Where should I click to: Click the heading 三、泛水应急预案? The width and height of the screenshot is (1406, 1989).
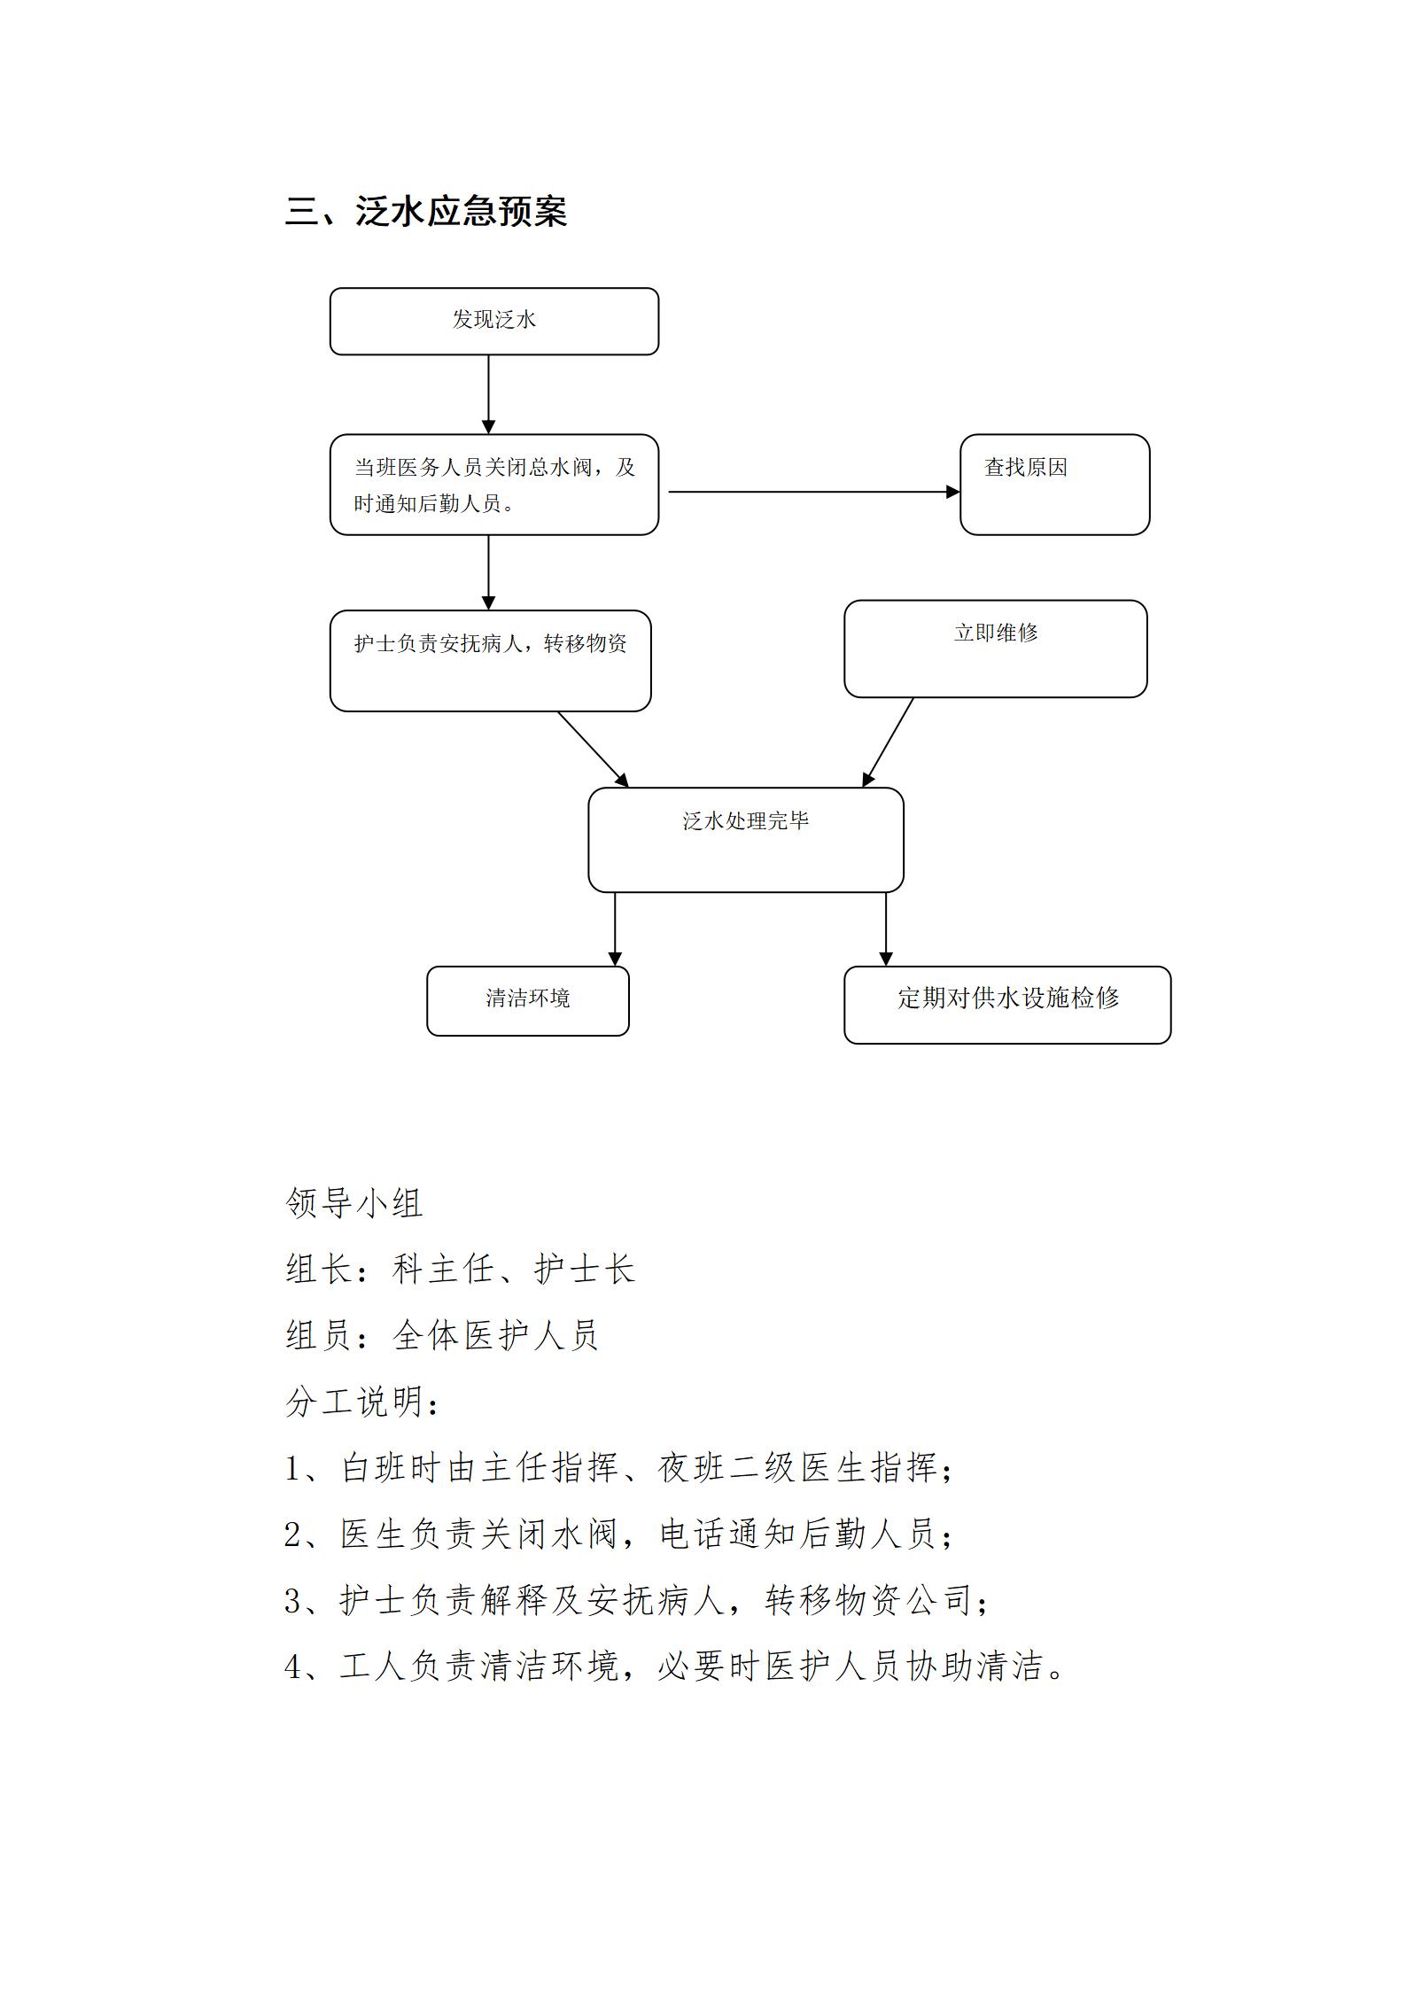click(x=426, y=212)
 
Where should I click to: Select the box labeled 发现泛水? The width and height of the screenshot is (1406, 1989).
click(x=494, y=322)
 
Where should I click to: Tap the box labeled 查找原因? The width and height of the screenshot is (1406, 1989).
click(x=1054, y=485)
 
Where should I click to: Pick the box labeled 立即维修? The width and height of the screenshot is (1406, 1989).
click(x=995, y=649)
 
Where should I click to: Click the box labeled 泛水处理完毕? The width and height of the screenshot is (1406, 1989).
click(x=746, y=840)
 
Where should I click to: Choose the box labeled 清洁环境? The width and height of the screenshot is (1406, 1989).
click(x=528, y=1001)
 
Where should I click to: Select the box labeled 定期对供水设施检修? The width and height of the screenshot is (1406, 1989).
click(x=1007, y=1005)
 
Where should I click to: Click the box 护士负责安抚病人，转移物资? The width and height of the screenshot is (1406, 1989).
click(x=491, y=661)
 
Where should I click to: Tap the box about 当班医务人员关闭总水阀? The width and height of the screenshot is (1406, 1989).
click(x=494, y=485)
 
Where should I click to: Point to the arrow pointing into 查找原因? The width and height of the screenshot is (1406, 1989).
click(x=814, y=492)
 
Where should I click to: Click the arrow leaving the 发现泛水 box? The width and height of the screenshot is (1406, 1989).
click(x=488, y=395)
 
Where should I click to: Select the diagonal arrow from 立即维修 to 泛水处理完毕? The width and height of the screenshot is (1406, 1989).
click(x=888, y=742)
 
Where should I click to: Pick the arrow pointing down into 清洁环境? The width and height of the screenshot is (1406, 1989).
click(x=615, y=929)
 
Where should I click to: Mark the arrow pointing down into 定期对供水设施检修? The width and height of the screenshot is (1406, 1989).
click(x=885, y=929)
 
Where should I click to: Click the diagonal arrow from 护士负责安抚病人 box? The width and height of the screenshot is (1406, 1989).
click(x=593, y=750)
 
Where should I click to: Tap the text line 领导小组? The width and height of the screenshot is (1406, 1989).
click(x=354, y=1203)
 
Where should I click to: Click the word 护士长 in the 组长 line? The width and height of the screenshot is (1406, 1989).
click(x=585, y=1270)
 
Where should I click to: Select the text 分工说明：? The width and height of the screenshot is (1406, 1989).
click(x=363, y=1402)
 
